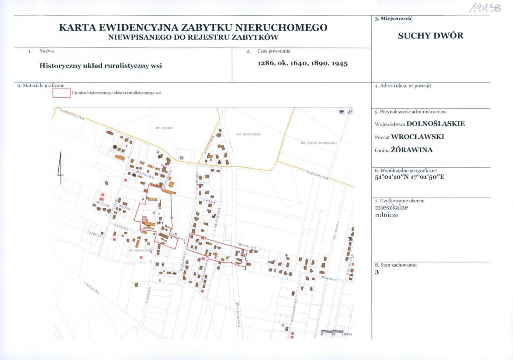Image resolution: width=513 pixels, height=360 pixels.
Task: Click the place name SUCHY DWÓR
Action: (x=430, y=36)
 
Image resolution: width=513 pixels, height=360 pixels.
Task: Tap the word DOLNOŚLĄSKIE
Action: (x=435, y=124)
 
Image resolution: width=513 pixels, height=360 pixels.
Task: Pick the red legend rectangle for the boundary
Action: (x=61, y=92)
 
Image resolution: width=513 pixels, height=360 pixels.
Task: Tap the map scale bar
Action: (x=332, y=331)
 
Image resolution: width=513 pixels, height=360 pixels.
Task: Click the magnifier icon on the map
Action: (x=350, y=112)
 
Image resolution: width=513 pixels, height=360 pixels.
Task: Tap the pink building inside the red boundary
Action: (x=144, y=219)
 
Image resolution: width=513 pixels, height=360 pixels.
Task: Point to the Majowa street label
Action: (x=330, y=278)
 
